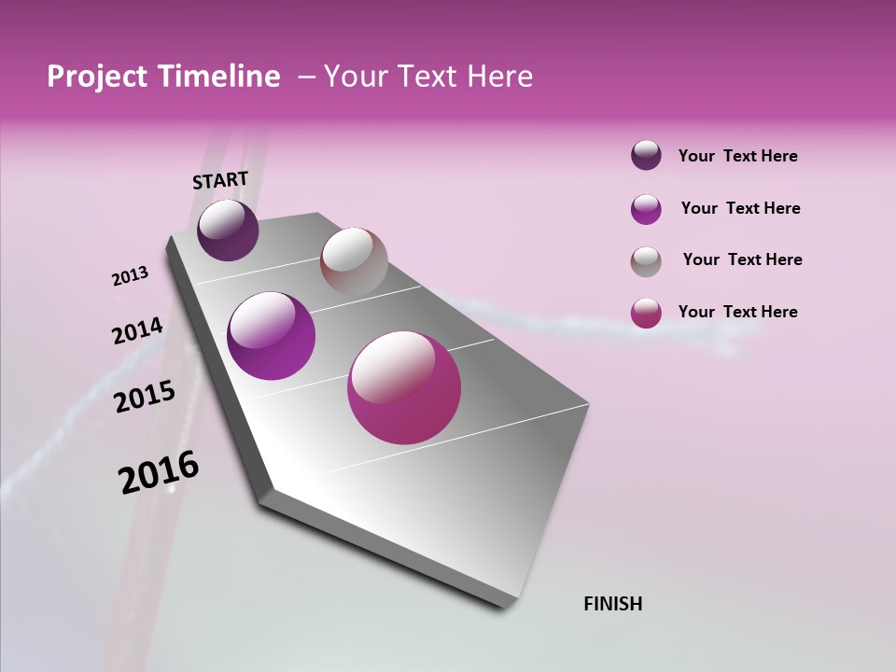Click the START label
coord(220,180)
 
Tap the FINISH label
coord(612,604)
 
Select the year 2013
coord(130,276)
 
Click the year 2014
coord(137,331)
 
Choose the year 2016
coord(159,472)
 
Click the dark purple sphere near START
coord(228,231)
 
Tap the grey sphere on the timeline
coord(354,261)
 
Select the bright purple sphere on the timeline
coord(272,336)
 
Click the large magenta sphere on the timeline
coord(404,387)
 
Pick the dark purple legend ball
coord(646,156)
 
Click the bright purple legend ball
coord(646,209)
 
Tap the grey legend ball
coord(646,261)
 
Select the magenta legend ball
coord(646,313)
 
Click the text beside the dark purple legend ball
coord(737,157)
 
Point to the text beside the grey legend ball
coord(742,259)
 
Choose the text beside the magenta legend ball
coord(737,312)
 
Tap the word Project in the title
coord(95,77)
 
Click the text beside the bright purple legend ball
coord(740,208)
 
